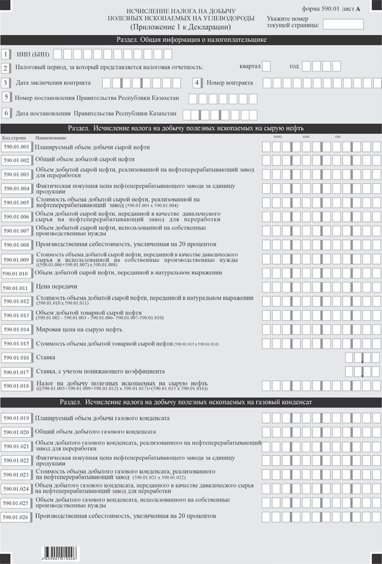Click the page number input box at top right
(x=343, y=24)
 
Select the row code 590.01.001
(x=16, y=146)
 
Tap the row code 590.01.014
(x=16, y=330)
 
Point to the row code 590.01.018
(x=16, y=386)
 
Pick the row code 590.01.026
(x=16, y=517)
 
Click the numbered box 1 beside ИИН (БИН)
(x=5, y=54)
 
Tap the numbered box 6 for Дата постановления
(x=7, y=113)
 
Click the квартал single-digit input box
(x=267, y=66)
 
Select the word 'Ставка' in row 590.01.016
(x=45, y=357)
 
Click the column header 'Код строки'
(x=14, y=137)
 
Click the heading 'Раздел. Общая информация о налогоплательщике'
(x=191, y=40)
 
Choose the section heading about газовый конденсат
(x=191, y=403)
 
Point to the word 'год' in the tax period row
(x=295, y=66)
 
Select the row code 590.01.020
(x=16, y=432)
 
